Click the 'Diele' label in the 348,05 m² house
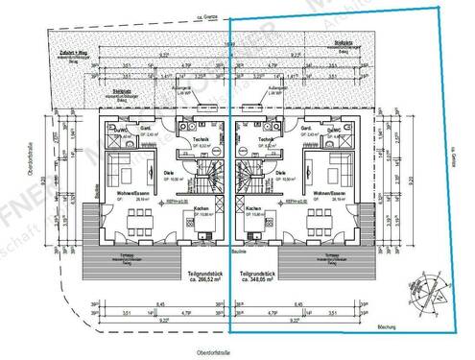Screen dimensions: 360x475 pyautogui.click(x=253, y=172)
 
